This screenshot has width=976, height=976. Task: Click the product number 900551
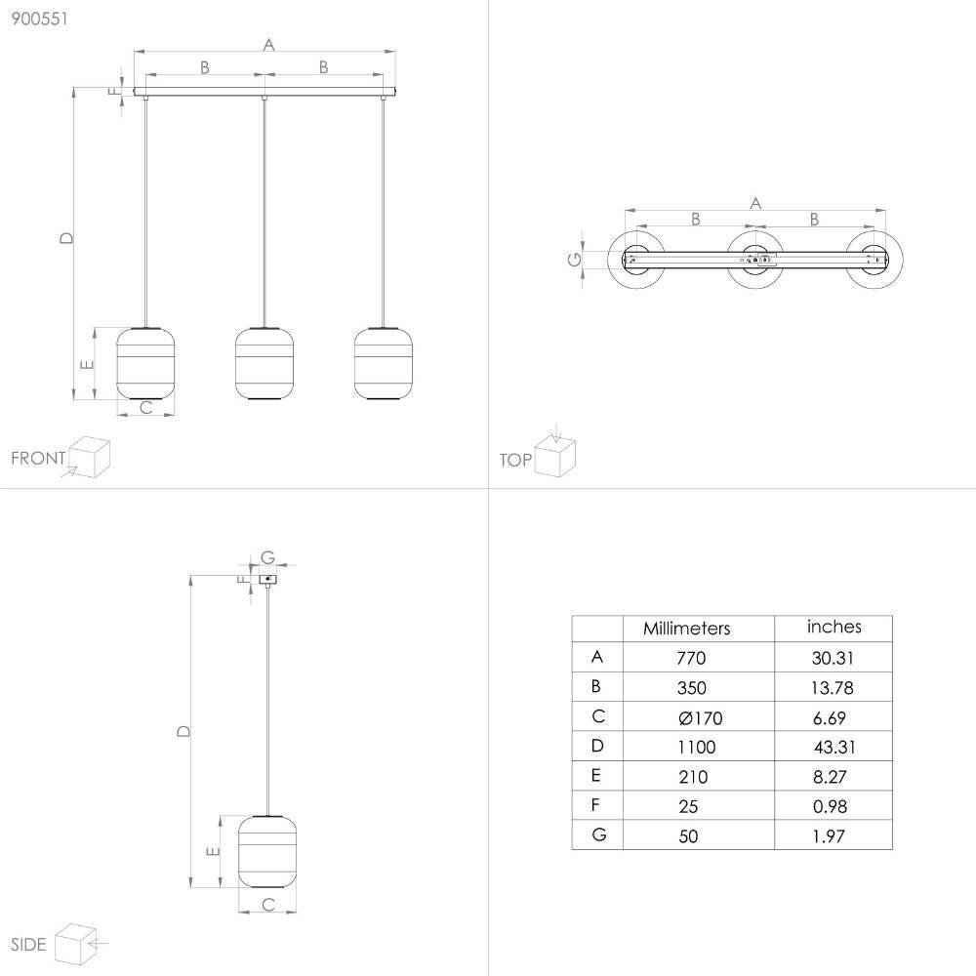39,19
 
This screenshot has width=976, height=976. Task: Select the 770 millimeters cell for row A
691,658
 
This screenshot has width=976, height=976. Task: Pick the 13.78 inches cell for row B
833,688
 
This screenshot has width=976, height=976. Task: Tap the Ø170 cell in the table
700,717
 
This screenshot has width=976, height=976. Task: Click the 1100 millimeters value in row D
697,747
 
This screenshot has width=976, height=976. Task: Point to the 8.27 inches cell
829,777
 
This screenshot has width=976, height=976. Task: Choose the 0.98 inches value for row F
830,807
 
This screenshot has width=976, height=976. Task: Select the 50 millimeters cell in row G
688,836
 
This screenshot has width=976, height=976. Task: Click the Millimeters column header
686,628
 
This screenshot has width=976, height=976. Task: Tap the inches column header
834,627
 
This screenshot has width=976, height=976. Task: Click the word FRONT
38,458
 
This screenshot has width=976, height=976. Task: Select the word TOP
515,460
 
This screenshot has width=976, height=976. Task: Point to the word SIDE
28,944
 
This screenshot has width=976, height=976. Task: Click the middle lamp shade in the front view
264,363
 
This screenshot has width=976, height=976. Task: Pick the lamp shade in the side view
267,851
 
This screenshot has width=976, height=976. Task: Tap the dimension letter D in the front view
66,238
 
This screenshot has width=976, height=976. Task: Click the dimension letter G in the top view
575,259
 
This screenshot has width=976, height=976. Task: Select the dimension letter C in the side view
268,905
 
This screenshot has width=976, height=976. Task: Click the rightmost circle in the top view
874,260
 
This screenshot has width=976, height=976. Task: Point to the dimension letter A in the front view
268,45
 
